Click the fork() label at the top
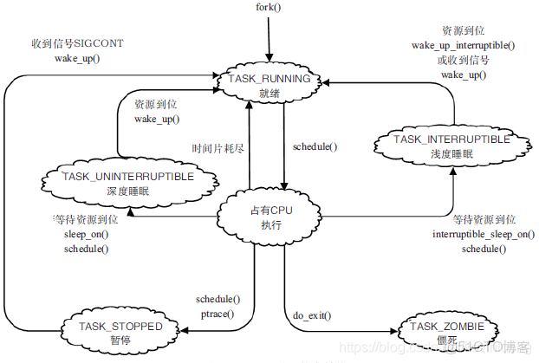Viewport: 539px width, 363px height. click(269, 7)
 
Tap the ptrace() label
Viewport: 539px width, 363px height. click(218, 313)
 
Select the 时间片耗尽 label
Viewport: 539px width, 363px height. click(218, 149)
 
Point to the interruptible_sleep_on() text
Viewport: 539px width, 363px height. click(483, 235)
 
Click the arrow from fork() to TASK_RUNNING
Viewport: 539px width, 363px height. click(269, 39)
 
